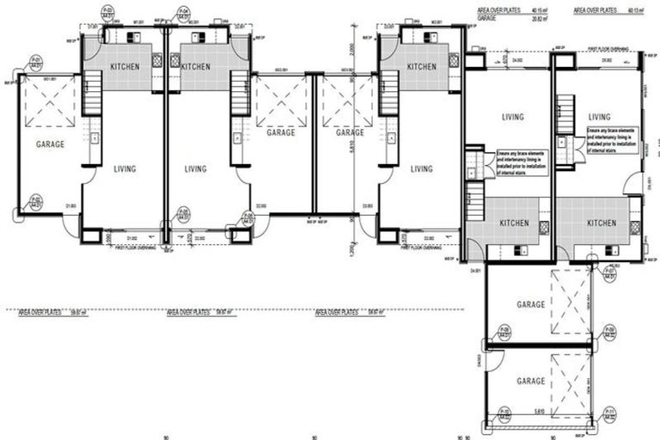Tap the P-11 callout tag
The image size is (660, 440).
[x=610, y=416]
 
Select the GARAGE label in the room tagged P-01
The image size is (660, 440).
[x=50, y=145]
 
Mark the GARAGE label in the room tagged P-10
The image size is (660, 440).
[x=531, y=381]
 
